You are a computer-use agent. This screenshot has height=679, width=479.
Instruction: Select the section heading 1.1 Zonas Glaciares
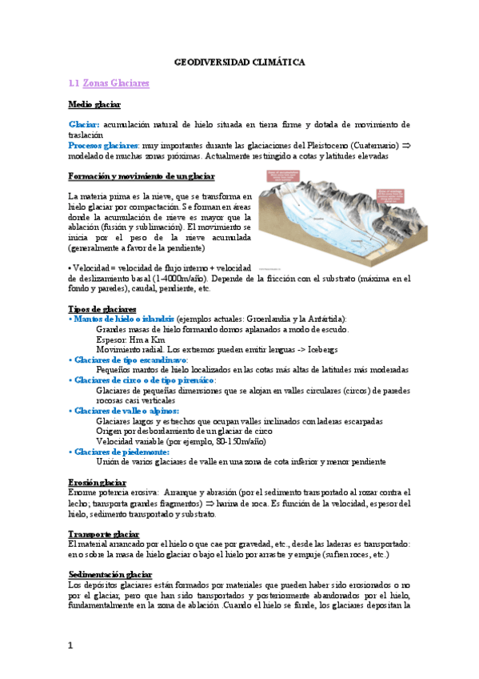110,83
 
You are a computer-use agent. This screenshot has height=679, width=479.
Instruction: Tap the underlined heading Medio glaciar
94,105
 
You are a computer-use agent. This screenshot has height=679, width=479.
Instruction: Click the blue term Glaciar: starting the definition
84,125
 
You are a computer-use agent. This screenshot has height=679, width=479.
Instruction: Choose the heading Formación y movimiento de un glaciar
141,175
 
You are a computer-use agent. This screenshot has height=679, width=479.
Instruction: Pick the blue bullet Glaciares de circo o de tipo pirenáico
145,380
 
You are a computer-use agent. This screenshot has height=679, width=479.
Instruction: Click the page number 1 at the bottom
71,645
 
